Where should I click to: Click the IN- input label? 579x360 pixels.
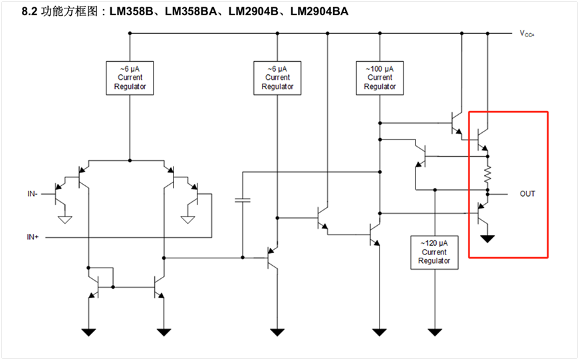32,194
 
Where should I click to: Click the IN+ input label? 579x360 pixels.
33,237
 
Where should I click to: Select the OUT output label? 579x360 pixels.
527,194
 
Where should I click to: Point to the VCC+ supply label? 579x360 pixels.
527,33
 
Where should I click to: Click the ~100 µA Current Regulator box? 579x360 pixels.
380,78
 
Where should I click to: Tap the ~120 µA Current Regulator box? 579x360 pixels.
434,252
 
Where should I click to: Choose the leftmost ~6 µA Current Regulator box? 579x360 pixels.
130,78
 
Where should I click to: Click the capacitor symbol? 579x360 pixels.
243,200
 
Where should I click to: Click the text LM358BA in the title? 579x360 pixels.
191,11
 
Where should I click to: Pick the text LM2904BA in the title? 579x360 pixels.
319,11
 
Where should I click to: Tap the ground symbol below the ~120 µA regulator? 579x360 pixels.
435,332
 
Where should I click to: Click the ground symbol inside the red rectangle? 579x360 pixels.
487,239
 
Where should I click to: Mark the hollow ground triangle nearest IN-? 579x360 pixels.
65,220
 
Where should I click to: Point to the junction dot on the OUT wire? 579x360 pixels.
488,194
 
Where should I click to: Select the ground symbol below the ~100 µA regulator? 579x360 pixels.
379,332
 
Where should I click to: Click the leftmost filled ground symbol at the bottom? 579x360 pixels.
88,332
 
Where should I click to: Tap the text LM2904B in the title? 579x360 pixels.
253,11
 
